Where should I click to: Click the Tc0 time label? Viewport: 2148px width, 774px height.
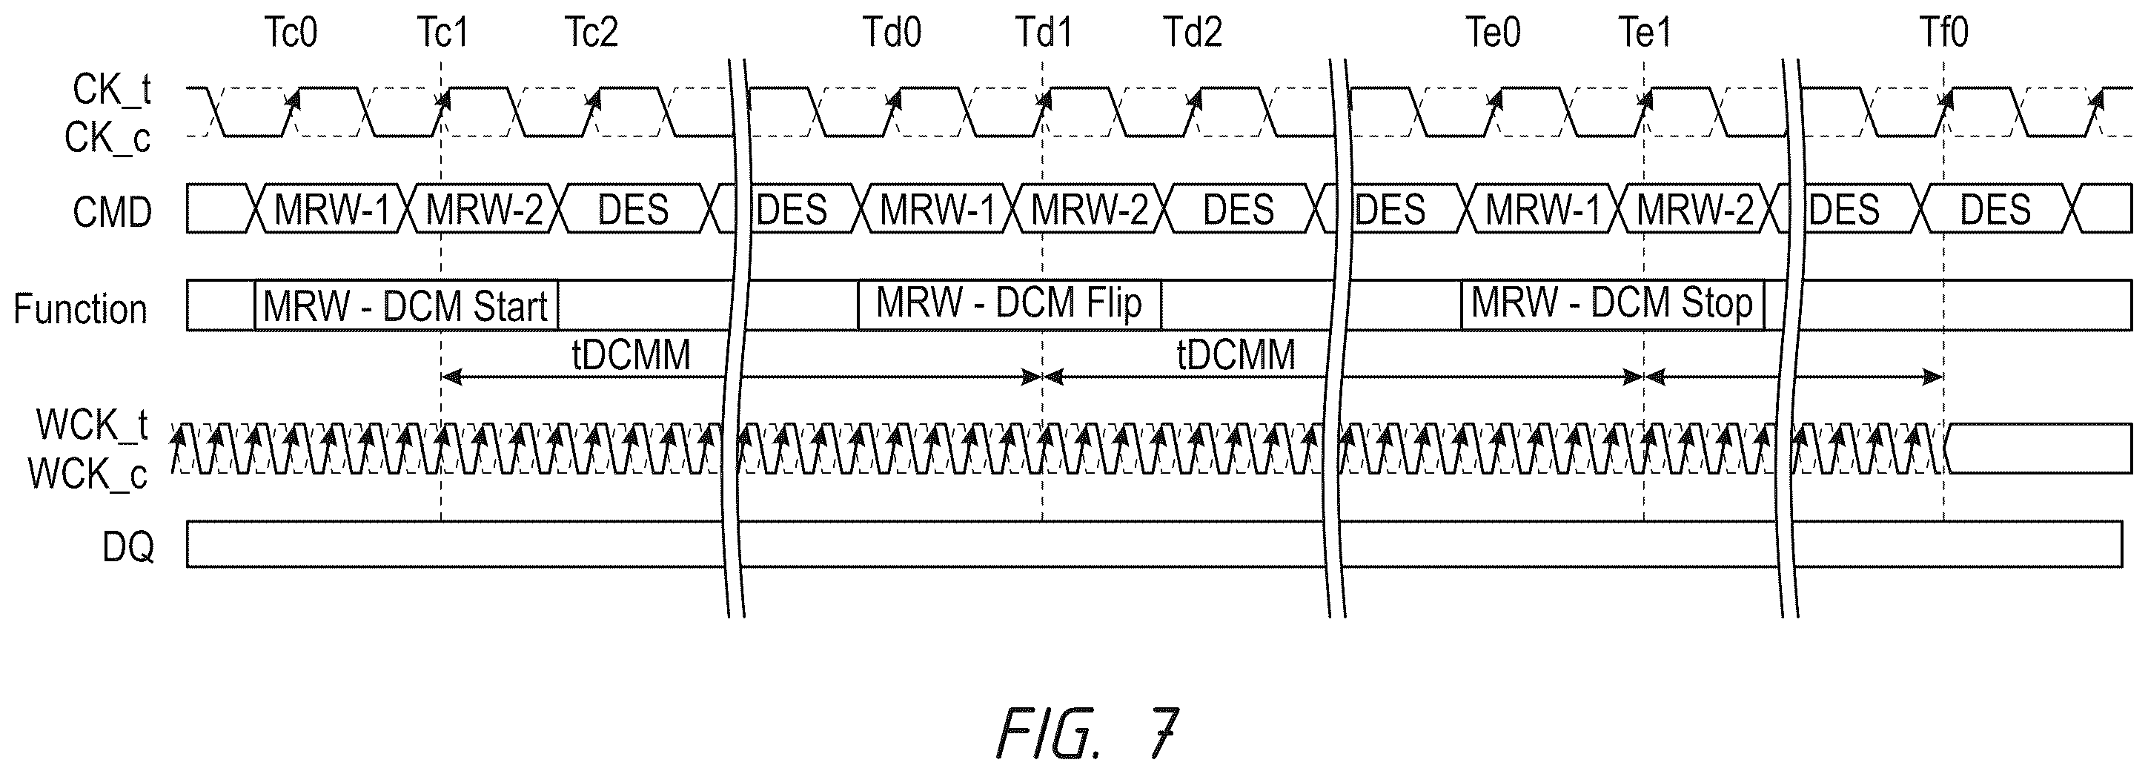pos(291,33)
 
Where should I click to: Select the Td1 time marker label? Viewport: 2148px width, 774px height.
pos(1044,33)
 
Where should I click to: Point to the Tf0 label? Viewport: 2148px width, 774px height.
pos(1943,33)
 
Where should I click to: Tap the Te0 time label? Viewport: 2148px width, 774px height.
pos(1494,33)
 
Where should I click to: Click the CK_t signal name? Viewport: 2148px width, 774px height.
pos(111,88)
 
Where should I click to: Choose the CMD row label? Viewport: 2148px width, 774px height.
pos(112,212)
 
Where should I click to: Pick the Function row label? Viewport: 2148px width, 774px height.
pos(80,308)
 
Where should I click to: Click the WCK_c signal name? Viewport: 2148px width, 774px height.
pos(87,474)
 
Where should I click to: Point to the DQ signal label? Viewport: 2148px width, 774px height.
pos(127,547)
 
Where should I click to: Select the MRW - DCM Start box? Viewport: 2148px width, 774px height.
pos(406,306)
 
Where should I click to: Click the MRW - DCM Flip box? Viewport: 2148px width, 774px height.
pos(1010,305)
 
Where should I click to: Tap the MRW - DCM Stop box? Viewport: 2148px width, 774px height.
pos(1613,305)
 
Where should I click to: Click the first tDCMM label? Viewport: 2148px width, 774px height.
pos(632,355)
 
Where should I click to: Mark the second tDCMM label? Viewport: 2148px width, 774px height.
pos(1236,355)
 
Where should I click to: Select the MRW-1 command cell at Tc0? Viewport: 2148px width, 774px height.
pos(332,208)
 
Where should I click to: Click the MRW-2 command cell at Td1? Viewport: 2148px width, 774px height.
pos(1089,208)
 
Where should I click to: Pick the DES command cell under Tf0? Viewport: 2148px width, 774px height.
pos(1995,208)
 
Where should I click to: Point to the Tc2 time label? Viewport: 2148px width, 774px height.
pos(591,33)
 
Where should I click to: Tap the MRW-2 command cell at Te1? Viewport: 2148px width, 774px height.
pos(1694,208)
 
